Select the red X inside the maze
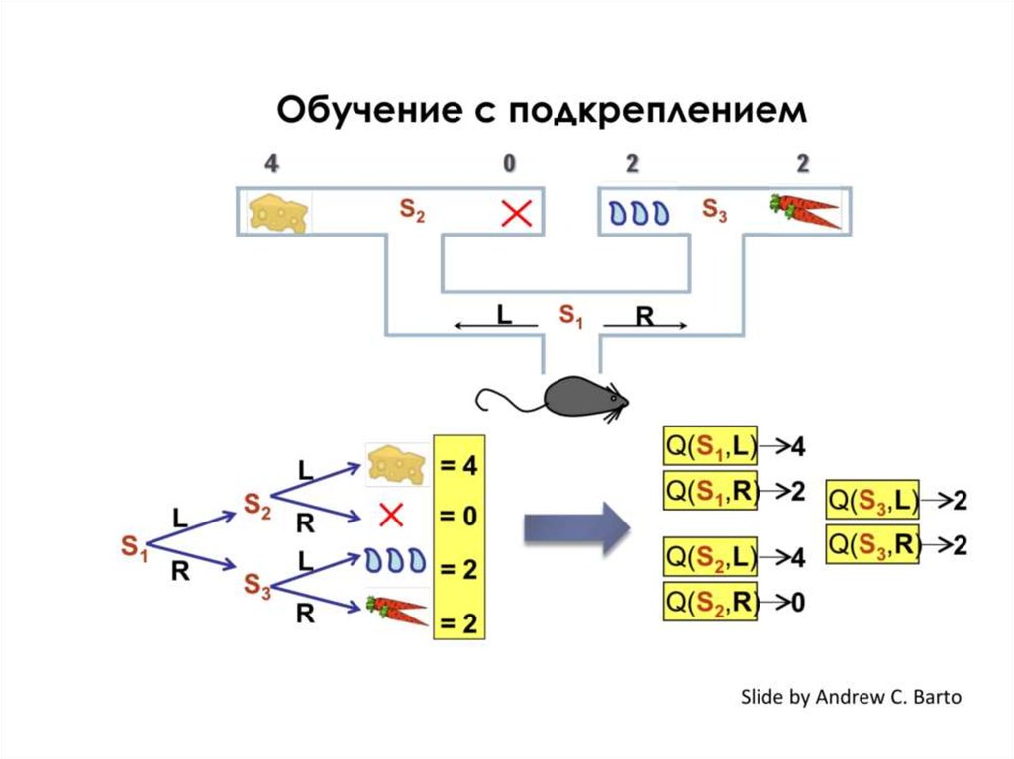coord(516,212)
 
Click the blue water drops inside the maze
coord(638,212)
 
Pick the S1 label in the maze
coord(571,316)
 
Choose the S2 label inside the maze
coord(412,210)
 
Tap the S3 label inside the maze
coord(714,210)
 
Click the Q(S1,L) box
coord(710,446)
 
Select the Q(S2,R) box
coord(710,601)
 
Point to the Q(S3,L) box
coord(872,502)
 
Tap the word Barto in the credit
coord(931,697)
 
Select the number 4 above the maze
coord(270,163)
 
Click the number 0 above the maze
coord(510,163)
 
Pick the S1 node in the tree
coord(134,545)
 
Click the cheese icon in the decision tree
coord(395,462)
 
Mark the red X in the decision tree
coord(391,515)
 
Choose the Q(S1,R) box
coord(710,491)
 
